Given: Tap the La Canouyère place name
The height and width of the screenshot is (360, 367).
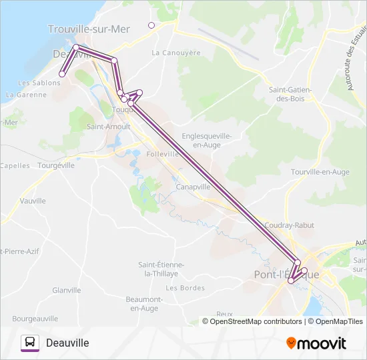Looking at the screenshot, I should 176,53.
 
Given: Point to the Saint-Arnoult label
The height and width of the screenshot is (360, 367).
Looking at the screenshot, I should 108,125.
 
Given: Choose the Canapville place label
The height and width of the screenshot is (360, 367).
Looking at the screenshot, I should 194,187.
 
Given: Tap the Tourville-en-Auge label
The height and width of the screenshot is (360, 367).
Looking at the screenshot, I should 320,172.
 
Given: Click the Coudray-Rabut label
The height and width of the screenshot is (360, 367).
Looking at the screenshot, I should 289,225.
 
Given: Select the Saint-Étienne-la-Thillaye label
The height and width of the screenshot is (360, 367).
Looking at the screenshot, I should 161,269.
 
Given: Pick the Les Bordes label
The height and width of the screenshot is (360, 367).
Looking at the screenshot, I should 185,288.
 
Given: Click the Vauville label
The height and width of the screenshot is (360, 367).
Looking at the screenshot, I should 33,201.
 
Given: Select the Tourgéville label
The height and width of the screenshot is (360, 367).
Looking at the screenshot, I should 57,165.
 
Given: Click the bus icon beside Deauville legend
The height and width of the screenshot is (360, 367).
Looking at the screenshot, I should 30,343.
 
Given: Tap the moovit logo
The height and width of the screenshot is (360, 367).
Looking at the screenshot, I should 316,343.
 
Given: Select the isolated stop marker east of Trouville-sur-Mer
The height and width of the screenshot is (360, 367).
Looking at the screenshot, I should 151,25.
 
